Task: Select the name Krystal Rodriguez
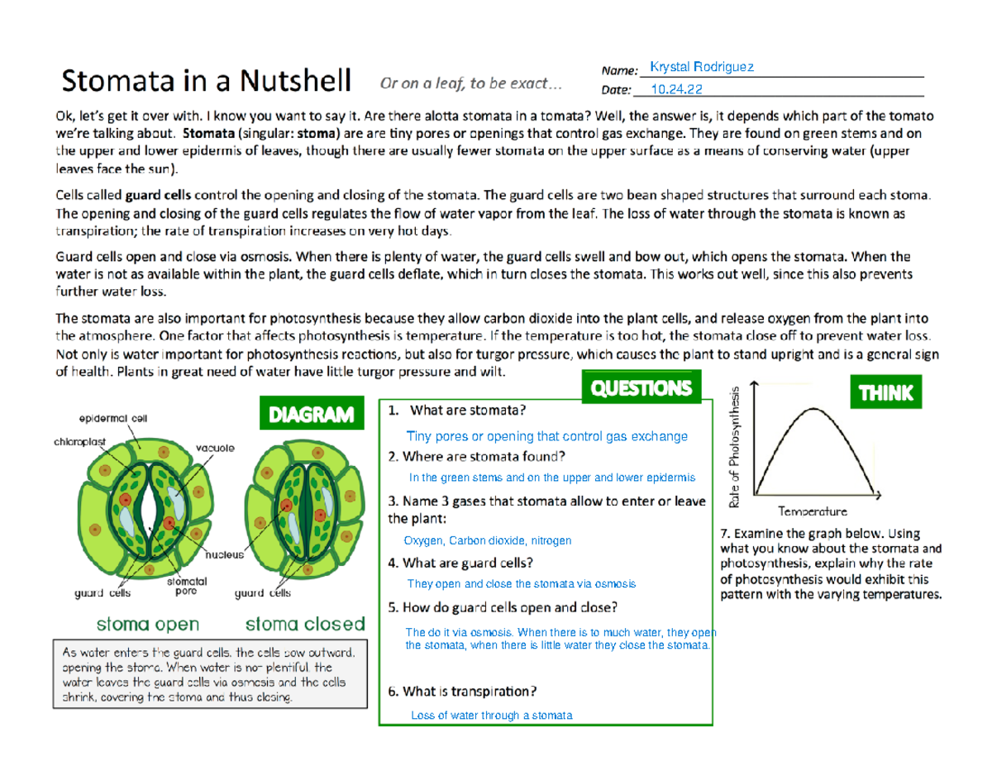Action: (702, 67)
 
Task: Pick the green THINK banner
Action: (885, 393)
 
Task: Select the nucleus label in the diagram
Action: (224, 555)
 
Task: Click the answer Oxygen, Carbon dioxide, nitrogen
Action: (487, 540)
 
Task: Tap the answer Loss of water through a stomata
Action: (491, 716)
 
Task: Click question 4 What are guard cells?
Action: (460, 563)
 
